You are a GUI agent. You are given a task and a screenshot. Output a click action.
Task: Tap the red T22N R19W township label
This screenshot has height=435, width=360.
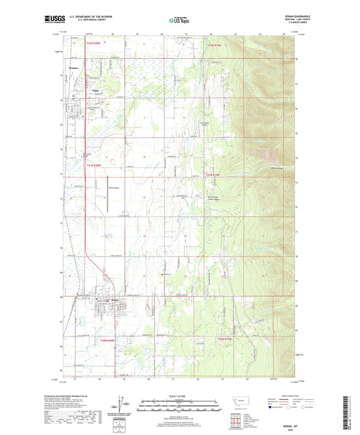tap(213, 45)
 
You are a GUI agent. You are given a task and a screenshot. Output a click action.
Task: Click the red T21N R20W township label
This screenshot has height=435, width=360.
tap(93, 165)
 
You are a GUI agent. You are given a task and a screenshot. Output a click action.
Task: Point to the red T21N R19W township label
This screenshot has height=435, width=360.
tap(213, 174)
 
